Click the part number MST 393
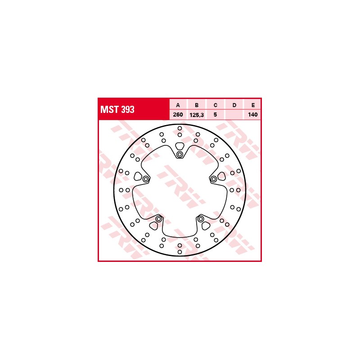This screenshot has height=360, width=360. click(x=117, y=109)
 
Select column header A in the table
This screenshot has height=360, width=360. click(x=178, y=105)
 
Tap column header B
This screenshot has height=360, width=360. click(x=197, y=105)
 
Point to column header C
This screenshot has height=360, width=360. click(x=216, y=105)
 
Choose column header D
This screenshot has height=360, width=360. click(x=234, y=105)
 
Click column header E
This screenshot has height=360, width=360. click(x=253, y=105)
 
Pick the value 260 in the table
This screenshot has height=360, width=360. click(x=178, y=115)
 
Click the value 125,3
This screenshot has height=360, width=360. click(x=197, y=115)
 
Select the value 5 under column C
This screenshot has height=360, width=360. click(x=216, y=115)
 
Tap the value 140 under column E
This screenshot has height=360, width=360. click(x=253, y=115)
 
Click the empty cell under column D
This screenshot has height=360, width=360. click(x=234, y=115)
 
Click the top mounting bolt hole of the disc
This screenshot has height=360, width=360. click(x=180, y=155)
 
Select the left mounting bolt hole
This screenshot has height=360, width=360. click(x=145, y=179)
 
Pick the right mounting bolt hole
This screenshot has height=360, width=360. click(x=214, y=179)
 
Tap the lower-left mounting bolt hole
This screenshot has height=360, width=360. click(x=158, y=219)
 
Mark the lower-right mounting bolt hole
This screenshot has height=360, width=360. click(x=201, y=219)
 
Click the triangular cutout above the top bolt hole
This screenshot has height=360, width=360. click(x=180, y=146)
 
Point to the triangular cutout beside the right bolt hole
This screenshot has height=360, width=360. click(x=221, y=176)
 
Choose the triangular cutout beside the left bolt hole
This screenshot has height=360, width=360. click(x=138, y=176)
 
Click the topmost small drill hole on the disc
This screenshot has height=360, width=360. click(x=180, y=128)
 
